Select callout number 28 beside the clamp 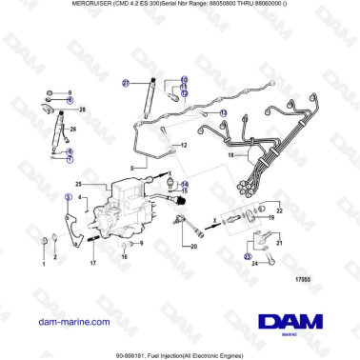point(83,110)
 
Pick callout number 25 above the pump point(80,183)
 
